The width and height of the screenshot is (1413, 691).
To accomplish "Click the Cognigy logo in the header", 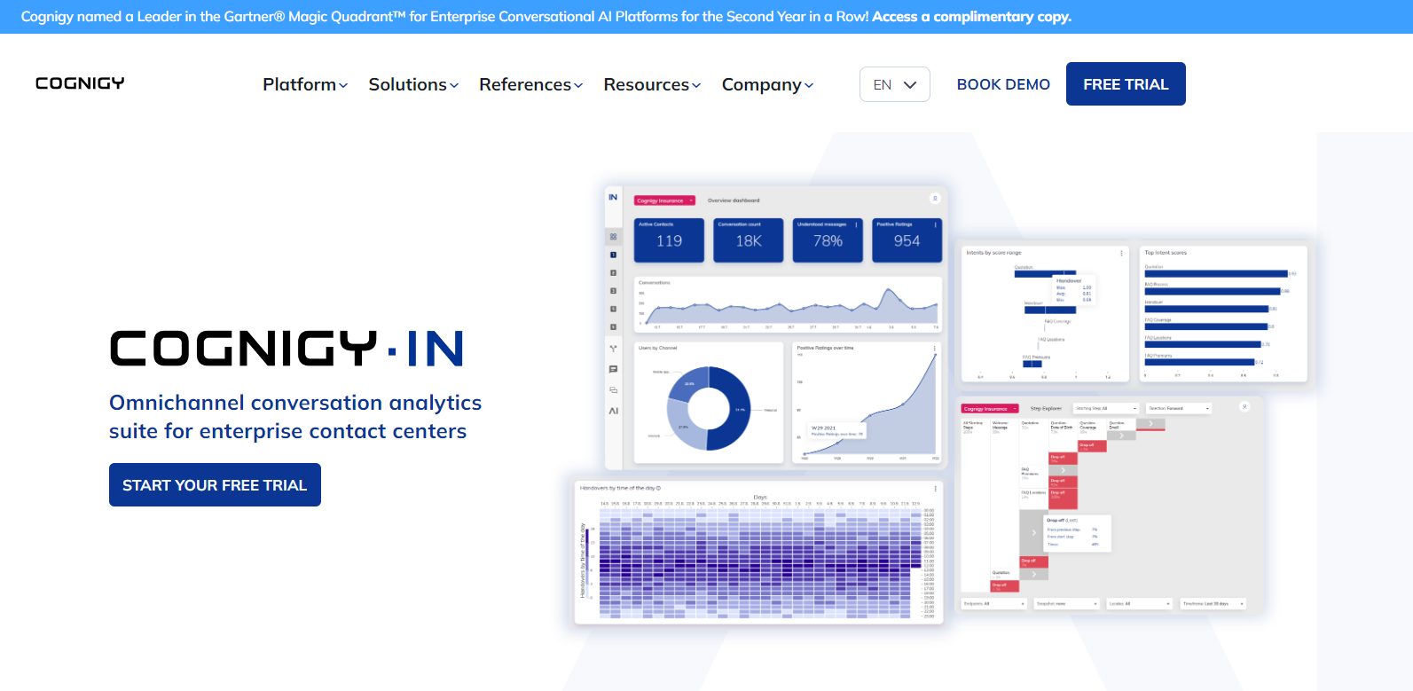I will click(80, 83).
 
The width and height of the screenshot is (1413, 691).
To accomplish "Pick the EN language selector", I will click(894, 84).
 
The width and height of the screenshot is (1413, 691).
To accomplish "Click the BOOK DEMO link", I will click(1003, 84).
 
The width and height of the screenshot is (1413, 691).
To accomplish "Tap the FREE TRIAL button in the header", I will click(1126, 84).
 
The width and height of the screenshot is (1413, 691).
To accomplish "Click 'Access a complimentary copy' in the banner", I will click(971, 17).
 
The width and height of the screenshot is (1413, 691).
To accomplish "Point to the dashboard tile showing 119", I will click(669, 240).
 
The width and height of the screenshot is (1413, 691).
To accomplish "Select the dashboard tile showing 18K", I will click(749, 240).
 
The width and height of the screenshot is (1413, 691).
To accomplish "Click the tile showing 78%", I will click(828, 240).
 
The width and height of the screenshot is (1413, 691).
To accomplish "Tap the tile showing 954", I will click(907, 240).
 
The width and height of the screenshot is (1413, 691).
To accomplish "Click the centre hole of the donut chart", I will click(709, 409).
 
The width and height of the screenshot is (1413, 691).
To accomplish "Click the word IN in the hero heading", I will click(435, 349).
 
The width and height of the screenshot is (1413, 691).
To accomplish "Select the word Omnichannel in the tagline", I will click(177, 403).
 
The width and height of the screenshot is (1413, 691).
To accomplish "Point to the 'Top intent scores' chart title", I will click(1166, 253).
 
